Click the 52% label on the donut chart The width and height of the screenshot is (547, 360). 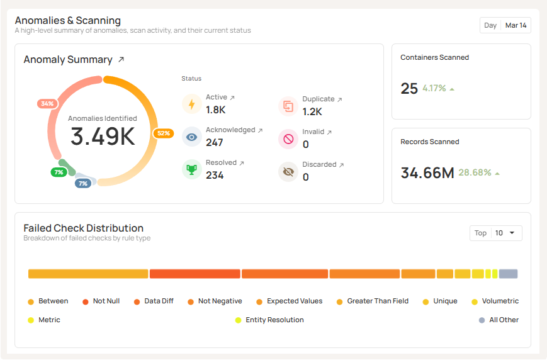(163, 133)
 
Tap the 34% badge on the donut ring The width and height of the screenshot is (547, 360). (47, 103)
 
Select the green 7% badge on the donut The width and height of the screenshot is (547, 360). (59, 172)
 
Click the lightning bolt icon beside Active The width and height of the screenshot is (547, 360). (192, 104)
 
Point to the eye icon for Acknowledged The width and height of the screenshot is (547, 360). (192, 137)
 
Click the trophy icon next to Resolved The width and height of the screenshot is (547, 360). (192, 169)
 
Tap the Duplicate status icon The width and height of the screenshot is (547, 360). (288, 106)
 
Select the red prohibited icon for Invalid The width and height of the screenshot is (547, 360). (288, 138)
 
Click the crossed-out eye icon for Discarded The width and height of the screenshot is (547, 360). (288, 171)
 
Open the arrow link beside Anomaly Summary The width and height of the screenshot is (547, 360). (121, 60)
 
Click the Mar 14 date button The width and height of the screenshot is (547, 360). (516, 25)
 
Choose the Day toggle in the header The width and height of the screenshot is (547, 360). (490, 25)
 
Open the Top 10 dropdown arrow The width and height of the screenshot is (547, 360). (512, 233)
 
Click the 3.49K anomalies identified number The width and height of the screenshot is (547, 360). (103, 137)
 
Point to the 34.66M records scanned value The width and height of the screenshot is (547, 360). (427, 172)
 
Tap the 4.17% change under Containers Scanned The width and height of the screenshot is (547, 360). (434, 88)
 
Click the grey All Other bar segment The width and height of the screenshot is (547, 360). (508, 274)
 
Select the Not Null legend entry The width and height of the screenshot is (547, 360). (106, 301)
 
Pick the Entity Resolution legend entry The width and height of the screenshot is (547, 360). (274, 320)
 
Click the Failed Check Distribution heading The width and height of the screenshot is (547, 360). (84, 228)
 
